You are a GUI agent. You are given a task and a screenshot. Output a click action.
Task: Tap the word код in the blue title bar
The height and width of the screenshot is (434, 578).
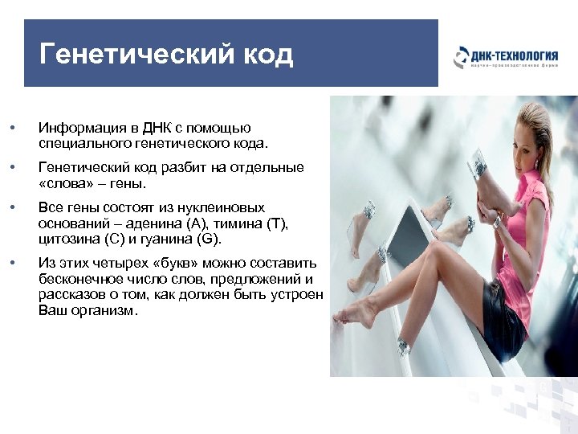click(263, 55)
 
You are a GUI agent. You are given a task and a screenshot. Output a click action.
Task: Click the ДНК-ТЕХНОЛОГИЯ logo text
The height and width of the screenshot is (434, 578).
click(514, 55)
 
